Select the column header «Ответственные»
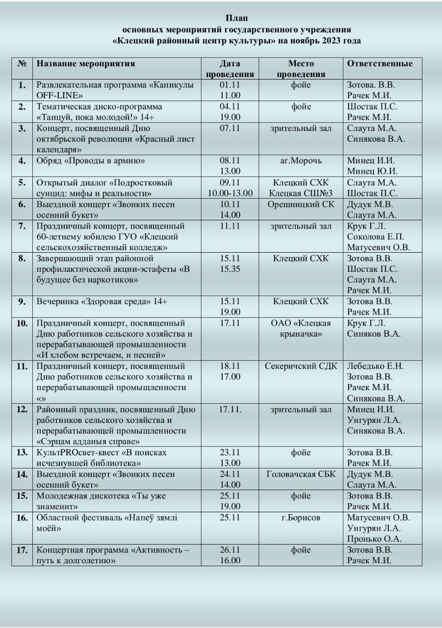pyautogui.click(x=380, y=64)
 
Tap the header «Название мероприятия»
pyautogui.click(x=86, y=64)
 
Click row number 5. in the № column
pyautogui.click(x=22, y=183)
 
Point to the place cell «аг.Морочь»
pyautogui.click(x=301, y=161)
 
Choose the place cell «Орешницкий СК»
pyautogui.click(x=301, y=204)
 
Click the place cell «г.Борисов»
pyautogui.click(x=301, y=518)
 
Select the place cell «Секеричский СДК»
pyautogui.click(x=301, y=366)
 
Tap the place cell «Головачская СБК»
pyautogui.click(x=301, y=474)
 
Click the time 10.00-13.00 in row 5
pyautogui.click(x=230, y=193)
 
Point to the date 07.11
pyautogui.click(x=230, y=129)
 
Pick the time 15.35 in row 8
pyautogui.click(x=230, y=269)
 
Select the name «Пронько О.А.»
pyautogui.click(x=374, y=539)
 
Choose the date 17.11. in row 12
pyautogui.click(x=230, y=410)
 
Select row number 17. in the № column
pyautogui.click(x=22, y=550)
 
